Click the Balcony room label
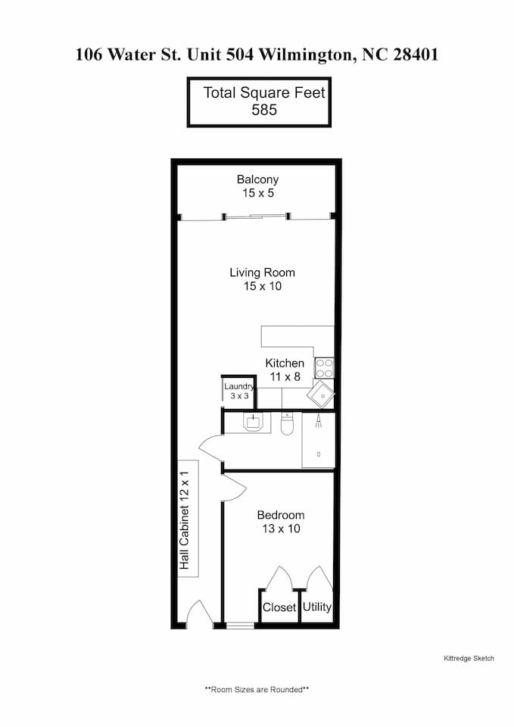257,186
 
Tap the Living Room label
263,279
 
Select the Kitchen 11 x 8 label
285,370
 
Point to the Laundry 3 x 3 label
239,392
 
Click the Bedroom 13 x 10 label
281,522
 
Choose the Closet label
279,607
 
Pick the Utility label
317,607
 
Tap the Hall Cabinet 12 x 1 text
185,520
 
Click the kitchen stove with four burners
324,368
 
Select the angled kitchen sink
319,395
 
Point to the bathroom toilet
287,423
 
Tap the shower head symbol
319,421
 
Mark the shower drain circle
319,454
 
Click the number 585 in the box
264,110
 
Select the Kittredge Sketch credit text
469,658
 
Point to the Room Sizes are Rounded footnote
257,689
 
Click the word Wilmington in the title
307,55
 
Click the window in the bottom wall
240,626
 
